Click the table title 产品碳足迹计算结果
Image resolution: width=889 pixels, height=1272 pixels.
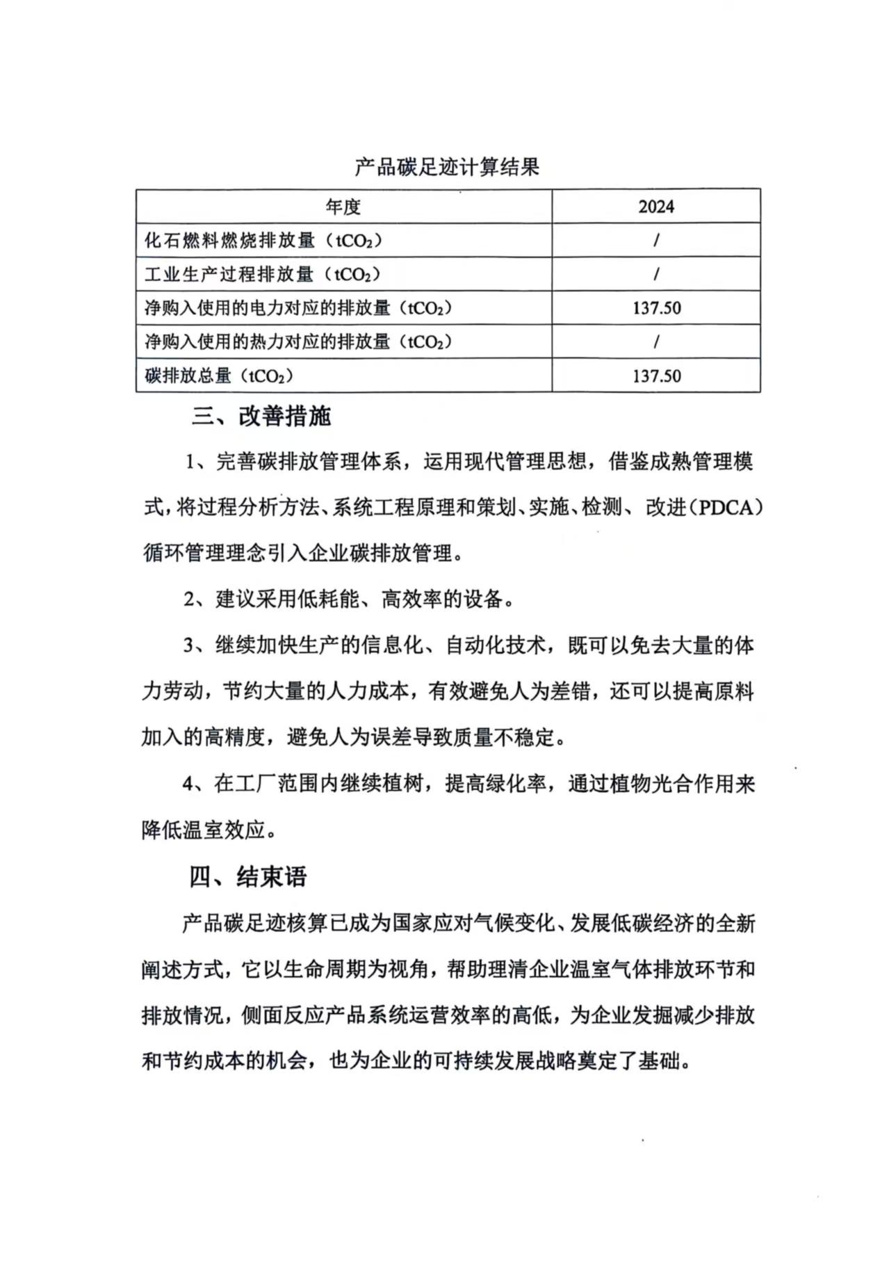(447, 167)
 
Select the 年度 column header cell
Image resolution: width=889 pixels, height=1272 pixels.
(343, 207)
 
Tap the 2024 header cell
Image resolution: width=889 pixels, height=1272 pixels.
(656, 207)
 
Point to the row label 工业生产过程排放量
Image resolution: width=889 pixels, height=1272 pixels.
(262, 274)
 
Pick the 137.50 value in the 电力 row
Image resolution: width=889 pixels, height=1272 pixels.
(656, 308)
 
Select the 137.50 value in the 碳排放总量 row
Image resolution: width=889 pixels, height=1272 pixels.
(656, 376)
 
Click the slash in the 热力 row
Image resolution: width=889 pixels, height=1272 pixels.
(656, 342)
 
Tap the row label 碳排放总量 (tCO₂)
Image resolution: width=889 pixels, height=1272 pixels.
(219, 376)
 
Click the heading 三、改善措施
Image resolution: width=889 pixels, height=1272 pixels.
(261, 417)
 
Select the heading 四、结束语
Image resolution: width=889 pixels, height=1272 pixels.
(248, 877)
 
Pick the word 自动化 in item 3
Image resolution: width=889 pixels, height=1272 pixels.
(475, 646)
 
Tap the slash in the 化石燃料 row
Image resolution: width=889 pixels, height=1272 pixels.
(656, 241)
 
